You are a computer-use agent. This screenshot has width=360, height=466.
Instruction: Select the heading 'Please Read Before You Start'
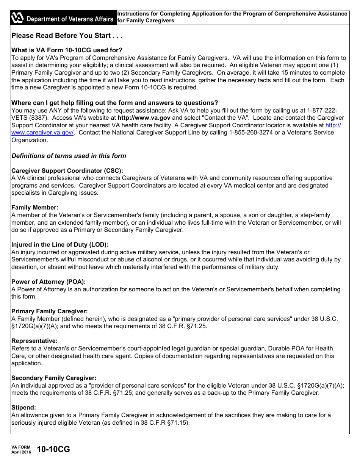point(67,36)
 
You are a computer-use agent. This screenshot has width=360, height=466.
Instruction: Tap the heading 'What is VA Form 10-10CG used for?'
point(67,50)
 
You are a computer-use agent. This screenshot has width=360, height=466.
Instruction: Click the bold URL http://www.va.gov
point(144,118)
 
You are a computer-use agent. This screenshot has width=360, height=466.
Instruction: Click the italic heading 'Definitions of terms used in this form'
point(69,156)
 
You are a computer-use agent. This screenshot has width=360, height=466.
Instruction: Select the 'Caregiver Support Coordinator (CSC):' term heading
point(67,170)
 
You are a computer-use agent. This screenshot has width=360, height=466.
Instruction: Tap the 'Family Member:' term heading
point(35,208)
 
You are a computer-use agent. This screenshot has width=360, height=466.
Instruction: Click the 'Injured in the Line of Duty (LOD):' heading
point(60,245)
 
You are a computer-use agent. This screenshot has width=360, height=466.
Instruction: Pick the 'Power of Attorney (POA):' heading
point(49,282)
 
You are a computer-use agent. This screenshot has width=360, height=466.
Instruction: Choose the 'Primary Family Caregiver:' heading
point(49,311)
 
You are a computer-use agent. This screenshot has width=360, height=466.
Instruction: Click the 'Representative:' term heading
point(34,341)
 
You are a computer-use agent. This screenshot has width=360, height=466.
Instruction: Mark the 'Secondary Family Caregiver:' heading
point(54,378)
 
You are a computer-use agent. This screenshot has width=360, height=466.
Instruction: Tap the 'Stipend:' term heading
point(23,408)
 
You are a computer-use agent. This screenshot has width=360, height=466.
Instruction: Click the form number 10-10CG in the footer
point(53,450)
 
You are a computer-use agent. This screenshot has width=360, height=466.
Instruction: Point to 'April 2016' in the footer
point(21,452)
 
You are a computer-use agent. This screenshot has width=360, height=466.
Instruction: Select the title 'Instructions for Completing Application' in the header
point(232,14)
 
